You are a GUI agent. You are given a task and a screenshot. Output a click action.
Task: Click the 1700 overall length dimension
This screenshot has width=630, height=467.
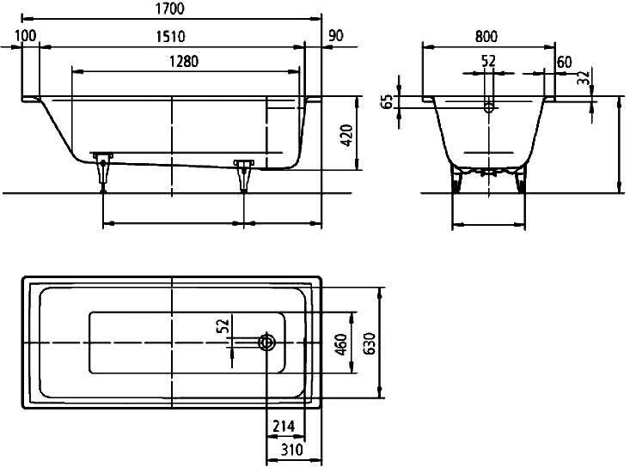(170, 9)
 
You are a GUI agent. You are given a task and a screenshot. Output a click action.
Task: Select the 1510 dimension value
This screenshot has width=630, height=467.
(170, 37)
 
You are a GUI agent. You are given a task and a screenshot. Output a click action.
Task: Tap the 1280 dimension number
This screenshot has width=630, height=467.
(184, 62)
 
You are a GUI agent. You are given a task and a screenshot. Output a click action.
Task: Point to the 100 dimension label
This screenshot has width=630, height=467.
(26, 36)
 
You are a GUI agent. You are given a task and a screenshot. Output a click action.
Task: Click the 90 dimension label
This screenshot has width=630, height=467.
(336, 36)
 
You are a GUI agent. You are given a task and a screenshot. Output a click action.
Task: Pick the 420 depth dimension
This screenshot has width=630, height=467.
(346, 136)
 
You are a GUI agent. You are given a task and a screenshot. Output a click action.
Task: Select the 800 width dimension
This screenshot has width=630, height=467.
(486, 37)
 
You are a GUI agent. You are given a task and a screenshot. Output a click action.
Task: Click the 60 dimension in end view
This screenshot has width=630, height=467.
(564, 62)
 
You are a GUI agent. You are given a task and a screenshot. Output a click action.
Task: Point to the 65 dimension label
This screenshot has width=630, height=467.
(388, 102)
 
